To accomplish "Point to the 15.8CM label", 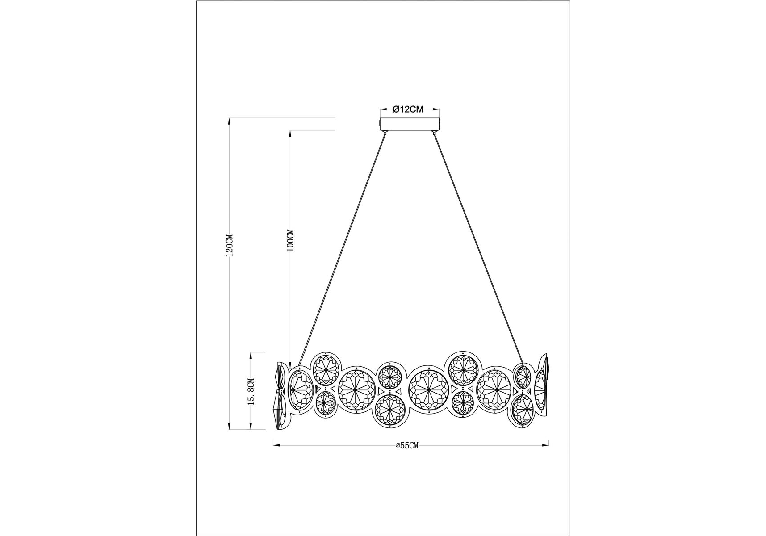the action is [x=251, y=391].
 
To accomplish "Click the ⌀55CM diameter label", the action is [x=407, y=445].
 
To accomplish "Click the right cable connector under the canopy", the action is [x=433, y=133].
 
